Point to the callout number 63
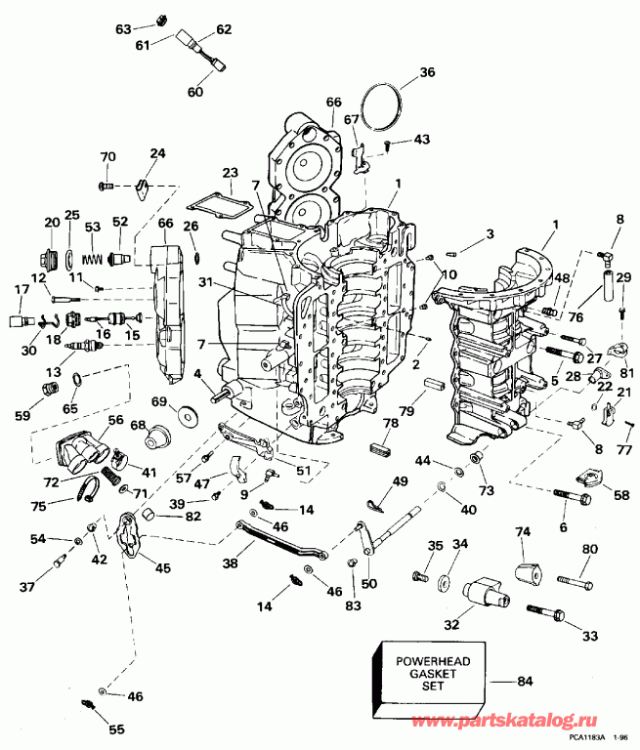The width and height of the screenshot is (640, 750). coord(123,28)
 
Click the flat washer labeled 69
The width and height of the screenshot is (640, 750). coord(187,411)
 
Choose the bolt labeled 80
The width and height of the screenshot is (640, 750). coord(575,583)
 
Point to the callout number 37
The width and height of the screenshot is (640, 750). coord(26,587)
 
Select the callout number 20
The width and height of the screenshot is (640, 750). coord(51,222)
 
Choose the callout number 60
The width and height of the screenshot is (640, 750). coord(194,92)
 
